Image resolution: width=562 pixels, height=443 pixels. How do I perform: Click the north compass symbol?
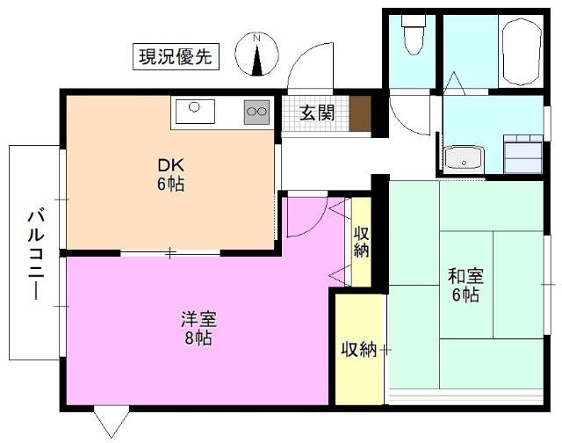coord(258,55)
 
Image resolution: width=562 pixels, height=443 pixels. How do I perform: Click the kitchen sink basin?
coord(195,112)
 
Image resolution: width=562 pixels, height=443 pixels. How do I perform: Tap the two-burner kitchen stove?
coord(256,111)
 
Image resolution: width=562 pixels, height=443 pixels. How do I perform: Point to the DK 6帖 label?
coord(170,175)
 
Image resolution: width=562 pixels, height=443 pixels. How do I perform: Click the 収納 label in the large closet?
coord(357,349)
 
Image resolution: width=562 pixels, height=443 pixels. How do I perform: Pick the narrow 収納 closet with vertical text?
coord(361,242)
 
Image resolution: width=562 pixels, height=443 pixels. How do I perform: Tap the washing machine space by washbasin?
coord(523,155)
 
